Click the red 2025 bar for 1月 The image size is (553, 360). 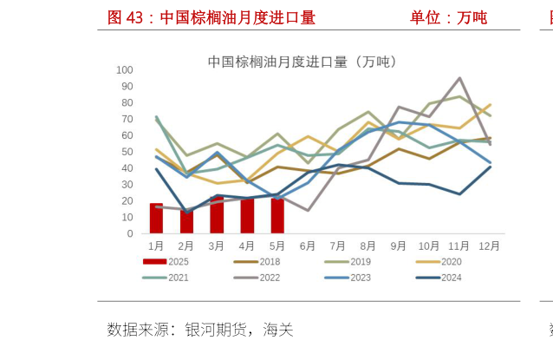tap(156, 218)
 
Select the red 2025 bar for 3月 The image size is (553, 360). tap(217, 214)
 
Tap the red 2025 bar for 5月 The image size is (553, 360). tap(277, 216)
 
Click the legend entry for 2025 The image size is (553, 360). tap(167, 261)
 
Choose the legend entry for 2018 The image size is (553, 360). tap(257, 261)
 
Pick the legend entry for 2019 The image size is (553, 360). tap(348, 261)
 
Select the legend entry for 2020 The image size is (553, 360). tap(439, 261)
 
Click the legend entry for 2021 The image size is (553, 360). tap(167, 278)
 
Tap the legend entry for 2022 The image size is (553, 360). tap(257, 278)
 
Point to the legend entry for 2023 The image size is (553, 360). tap(348, 278)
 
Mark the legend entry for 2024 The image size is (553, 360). tap(439, 278)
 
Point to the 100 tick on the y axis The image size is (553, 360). tap(124, 70)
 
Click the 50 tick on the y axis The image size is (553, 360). tap(127, 152)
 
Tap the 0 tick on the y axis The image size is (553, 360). tap(130, 234)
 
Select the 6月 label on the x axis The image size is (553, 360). tap(307, 246)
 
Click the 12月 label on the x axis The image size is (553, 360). tap(489, 246)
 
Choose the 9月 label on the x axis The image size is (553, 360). tap(398, 246)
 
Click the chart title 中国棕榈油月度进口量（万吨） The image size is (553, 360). tap(302, 62)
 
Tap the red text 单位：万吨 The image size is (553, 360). tap(448, 17)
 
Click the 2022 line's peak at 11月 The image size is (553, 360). tap(459, 78)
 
